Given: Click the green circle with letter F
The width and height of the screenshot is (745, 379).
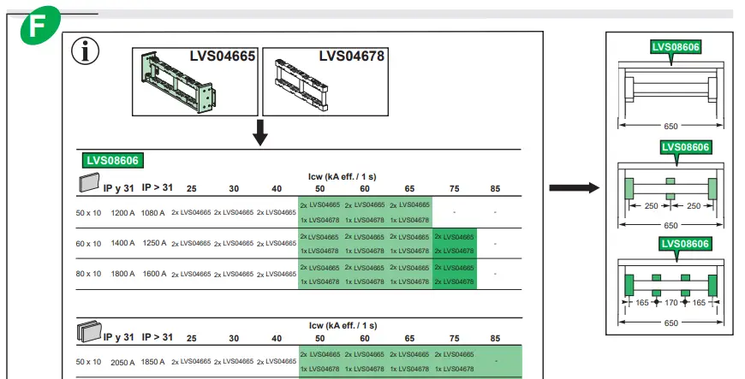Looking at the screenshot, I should pyautogui.click(x=40, y=25).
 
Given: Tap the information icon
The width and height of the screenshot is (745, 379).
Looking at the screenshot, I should pyautogui.click(x=86, y=52).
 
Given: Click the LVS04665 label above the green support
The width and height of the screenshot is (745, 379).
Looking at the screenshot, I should pyautogui.click(x=223, y=56).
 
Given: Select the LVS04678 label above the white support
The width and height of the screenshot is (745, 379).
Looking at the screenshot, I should pyautogui.click(x=352, y=56).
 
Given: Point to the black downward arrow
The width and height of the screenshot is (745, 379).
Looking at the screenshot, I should pyautogui.click(x=261, y=132).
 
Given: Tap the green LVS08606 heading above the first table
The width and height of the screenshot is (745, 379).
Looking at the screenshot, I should pyautogui.click(x=112, y=159).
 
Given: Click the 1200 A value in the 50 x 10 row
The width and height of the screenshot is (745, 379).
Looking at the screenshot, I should pyautogui.click(x=123, y=212).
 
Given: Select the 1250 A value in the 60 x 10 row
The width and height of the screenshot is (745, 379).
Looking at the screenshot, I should pyautogui.click(x=153, y=244).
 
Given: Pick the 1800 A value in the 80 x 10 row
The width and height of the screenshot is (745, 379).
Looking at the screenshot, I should pyautogui.click(x=123, y=275).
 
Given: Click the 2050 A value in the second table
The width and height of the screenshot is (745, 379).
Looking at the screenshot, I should pyautogui.click(x=123, y=363).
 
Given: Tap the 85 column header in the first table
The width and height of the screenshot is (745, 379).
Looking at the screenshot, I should pyautogui.click(x=496, y=188).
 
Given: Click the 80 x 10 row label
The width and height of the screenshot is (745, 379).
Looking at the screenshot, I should pyautogui.click(x=88, y=275).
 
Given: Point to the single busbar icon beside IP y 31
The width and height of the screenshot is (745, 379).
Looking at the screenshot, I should pyautogui.click(x=89, y=184).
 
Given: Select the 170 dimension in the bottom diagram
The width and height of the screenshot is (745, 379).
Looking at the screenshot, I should pyautogui.click(x=670, y=303).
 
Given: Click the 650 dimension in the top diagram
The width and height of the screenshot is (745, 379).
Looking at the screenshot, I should pyautogui.click(x=670, y=127).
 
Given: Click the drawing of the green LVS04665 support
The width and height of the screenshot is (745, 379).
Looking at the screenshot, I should pyautogui.click(x=172, y=80).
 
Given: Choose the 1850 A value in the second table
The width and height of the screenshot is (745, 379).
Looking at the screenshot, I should pyautogui.click(x=153, y=363).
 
